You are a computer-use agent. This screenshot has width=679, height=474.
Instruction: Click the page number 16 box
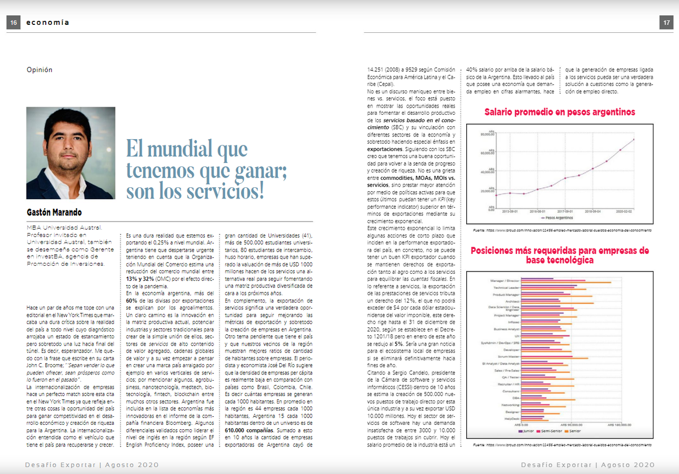pyautogui.click(x=13, y=23)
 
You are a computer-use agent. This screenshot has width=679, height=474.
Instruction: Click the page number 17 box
pyautogui.click(x=665, y=23)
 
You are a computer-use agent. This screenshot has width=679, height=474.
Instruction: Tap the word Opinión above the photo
pyautogui.click(x=39, y=70)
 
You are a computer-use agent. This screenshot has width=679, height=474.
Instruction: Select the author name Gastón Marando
pyautogui.click(x=54, y=212)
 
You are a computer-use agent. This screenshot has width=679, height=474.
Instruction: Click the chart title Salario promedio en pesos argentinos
pyautogui.click(x=560, y=112)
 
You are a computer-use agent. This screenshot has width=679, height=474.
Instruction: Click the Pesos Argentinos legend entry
pyautogui.click(x=559, y=217)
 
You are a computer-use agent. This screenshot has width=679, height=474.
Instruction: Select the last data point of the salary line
pyautogui.click(x=634, y=139)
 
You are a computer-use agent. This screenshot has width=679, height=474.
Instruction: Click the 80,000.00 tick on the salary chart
pyautogui.click(x=488, y=134)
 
